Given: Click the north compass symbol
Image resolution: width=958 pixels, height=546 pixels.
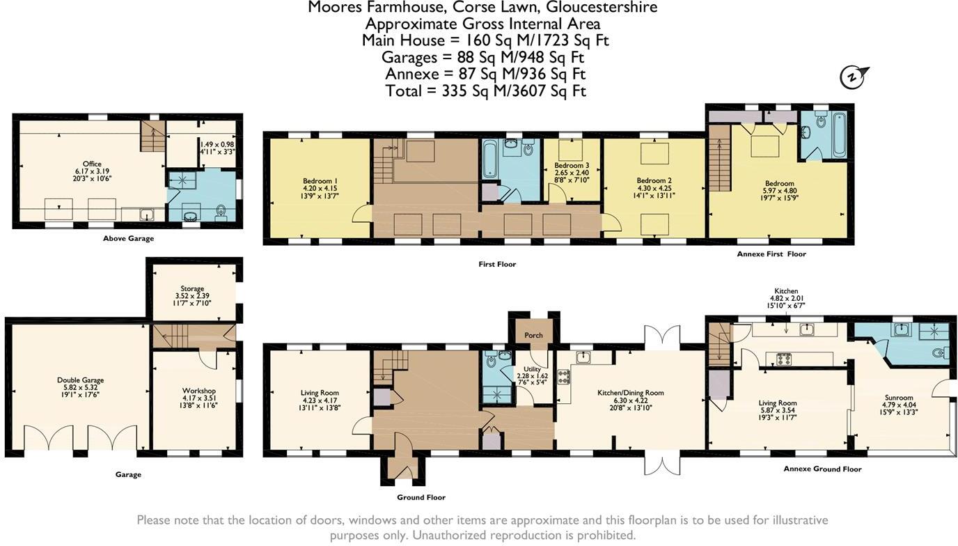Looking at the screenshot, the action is tap(854, 77).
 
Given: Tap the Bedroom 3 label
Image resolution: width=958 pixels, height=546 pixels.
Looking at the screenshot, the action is tap(572, 165).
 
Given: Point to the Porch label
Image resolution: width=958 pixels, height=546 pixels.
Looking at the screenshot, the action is tap(533, 335).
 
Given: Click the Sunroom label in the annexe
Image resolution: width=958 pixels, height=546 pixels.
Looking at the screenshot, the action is tap(899, 398).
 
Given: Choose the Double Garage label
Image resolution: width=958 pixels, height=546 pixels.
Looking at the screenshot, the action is tap(80, 380).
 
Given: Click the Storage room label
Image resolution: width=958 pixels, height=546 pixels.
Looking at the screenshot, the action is tap(192, 288).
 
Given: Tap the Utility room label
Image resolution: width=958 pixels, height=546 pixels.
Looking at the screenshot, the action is tap(532, 369).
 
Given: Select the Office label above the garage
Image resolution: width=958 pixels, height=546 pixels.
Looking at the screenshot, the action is tap(92, 164).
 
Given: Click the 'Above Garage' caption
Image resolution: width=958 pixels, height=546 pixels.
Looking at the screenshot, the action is tap(128, 238).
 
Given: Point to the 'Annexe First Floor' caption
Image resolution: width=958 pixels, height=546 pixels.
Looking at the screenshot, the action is tap(771, 253).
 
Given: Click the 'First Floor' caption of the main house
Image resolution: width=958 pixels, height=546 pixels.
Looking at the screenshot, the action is tap(497, 264).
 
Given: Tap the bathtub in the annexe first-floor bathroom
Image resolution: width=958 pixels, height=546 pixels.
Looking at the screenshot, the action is tap(840, 135).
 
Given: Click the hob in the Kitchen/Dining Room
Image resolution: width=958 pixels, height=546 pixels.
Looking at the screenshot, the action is tap(564, 377).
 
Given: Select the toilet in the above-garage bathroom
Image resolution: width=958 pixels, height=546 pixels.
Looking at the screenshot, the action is tap(221, 212).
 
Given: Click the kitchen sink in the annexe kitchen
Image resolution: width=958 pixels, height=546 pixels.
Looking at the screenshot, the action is tap(807, 329).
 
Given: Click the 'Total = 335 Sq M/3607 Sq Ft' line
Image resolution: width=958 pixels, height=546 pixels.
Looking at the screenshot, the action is tap(485, 91).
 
